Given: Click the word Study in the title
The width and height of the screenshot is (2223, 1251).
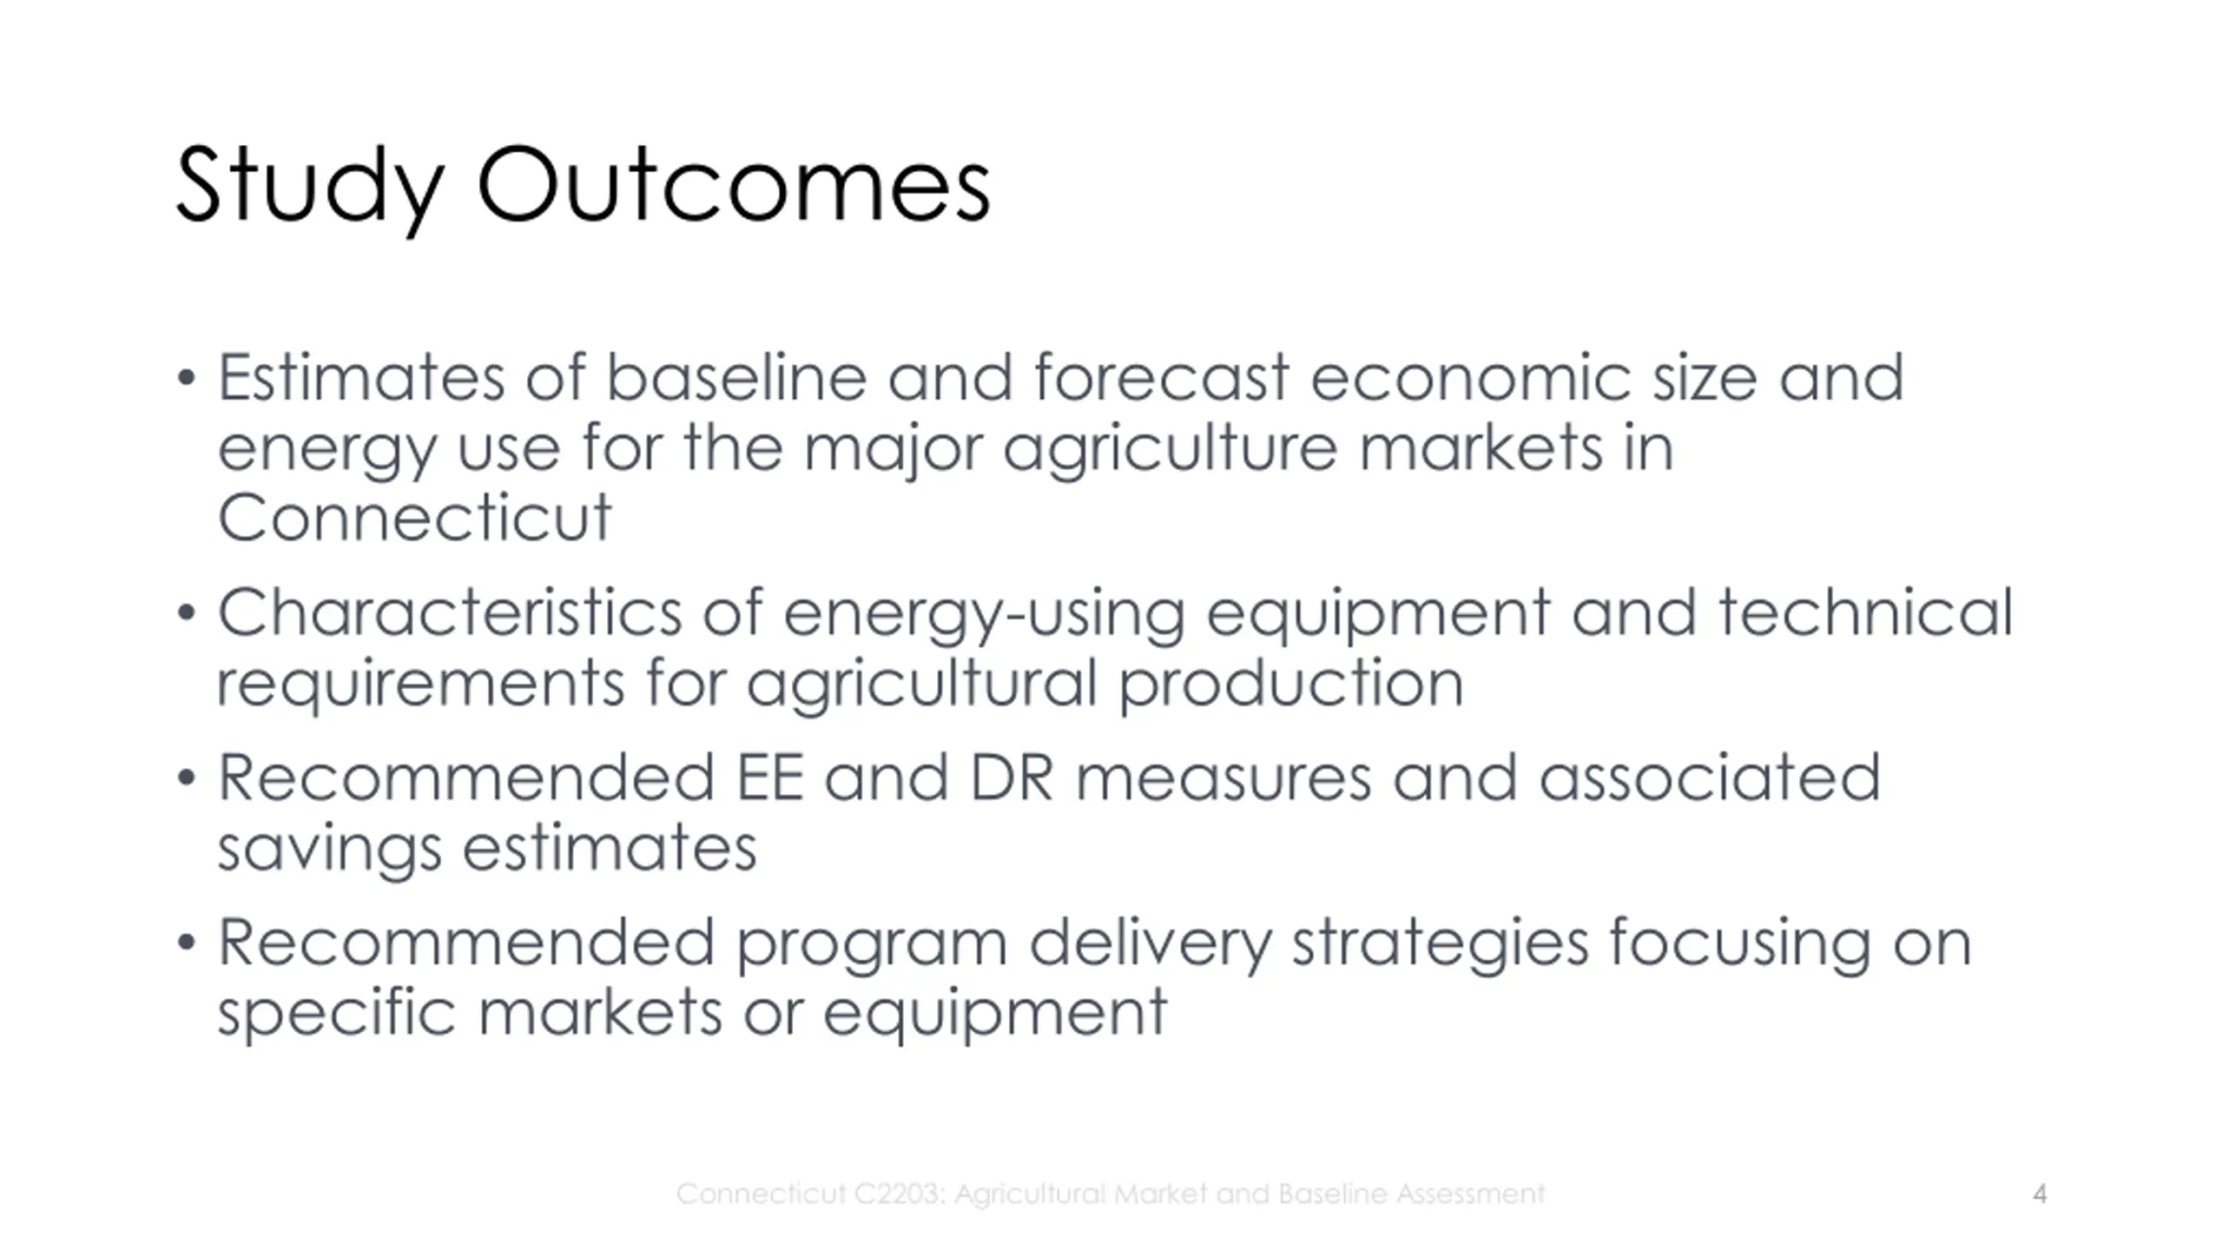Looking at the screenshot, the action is click(310, 188).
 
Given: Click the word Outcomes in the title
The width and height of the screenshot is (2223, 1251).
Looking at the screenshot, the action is click(734, 184).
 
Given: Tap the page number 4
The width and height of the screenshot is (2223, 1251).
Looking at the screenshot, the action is click(2040, 1194).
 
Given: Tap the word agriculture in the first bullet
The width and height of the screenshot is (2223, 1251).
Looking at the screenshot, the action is click(1170, 450).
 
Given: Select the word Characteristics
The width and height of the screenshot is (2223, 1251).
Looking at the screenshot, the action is click(450, 612).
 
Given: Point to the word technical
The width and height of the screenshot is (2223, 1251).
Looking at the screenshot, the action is click(1866, 612).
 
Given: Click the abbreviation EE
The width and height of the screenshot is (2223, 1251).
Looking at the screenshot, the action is click(769, 778).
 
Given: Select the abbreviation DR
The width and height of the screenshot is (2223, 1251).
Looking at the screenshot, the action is click(1012, 778).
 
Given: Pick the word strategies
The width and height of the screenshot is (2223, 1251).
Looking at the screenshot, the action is click(1441, 944).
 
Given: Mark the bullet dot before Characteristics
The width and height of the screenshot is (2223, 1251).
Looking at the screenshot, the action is click(186, 613).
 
